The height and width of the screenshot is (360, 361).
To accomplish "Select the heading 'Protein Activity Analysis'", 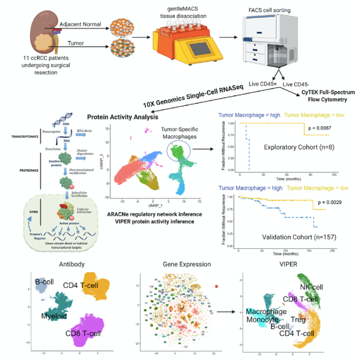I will click(x=124, y=117).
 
